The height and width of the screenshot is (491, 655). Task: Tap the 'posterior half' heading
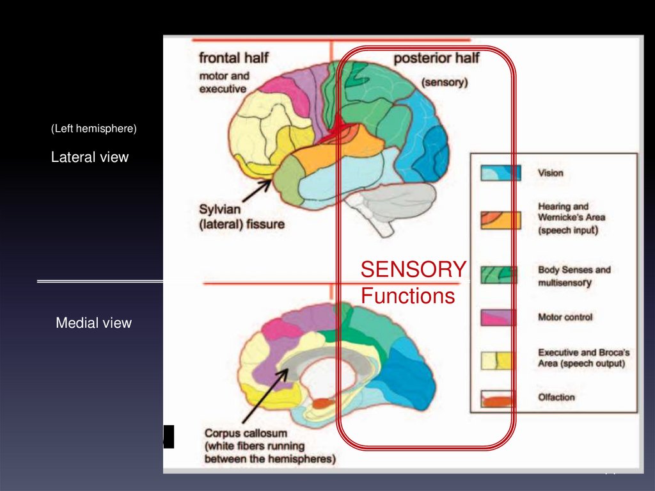pos(436,58)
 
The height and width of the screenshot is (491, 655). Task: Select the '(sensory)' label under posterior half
pos(445,83)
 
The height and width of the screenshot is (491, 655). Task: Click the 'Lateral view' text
pos(90,157)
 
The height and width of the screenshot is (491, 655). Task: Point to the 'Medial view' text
pos(93,323)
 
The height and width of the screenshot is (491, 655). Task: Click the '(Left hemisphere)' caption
pos(93,129)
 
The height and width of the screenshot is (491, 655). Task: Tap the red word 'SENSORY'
pos(413,270)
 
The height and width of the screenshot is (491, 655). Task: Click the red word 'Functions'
pos(407,296)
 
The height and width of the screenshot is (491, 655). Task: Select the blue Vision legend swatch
pos(501,173)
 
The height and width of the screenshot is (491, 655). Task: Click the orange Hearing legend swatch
pos(501,220)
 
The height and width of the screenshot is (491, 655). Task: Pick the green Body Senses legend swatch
pos(501,275)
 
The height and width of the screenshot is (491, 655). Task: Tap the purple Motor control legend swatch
pos(501,317)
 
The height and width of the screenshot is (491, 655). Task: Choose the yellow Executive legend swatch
pos(501,361)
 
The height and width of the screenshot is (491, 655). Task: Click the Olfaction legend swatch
pos(501,399)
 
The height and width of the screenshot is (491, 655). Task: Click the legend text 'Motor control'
pos(565,317)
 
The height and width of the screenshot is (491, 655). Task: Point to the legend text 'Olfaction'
pos(556,398)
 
